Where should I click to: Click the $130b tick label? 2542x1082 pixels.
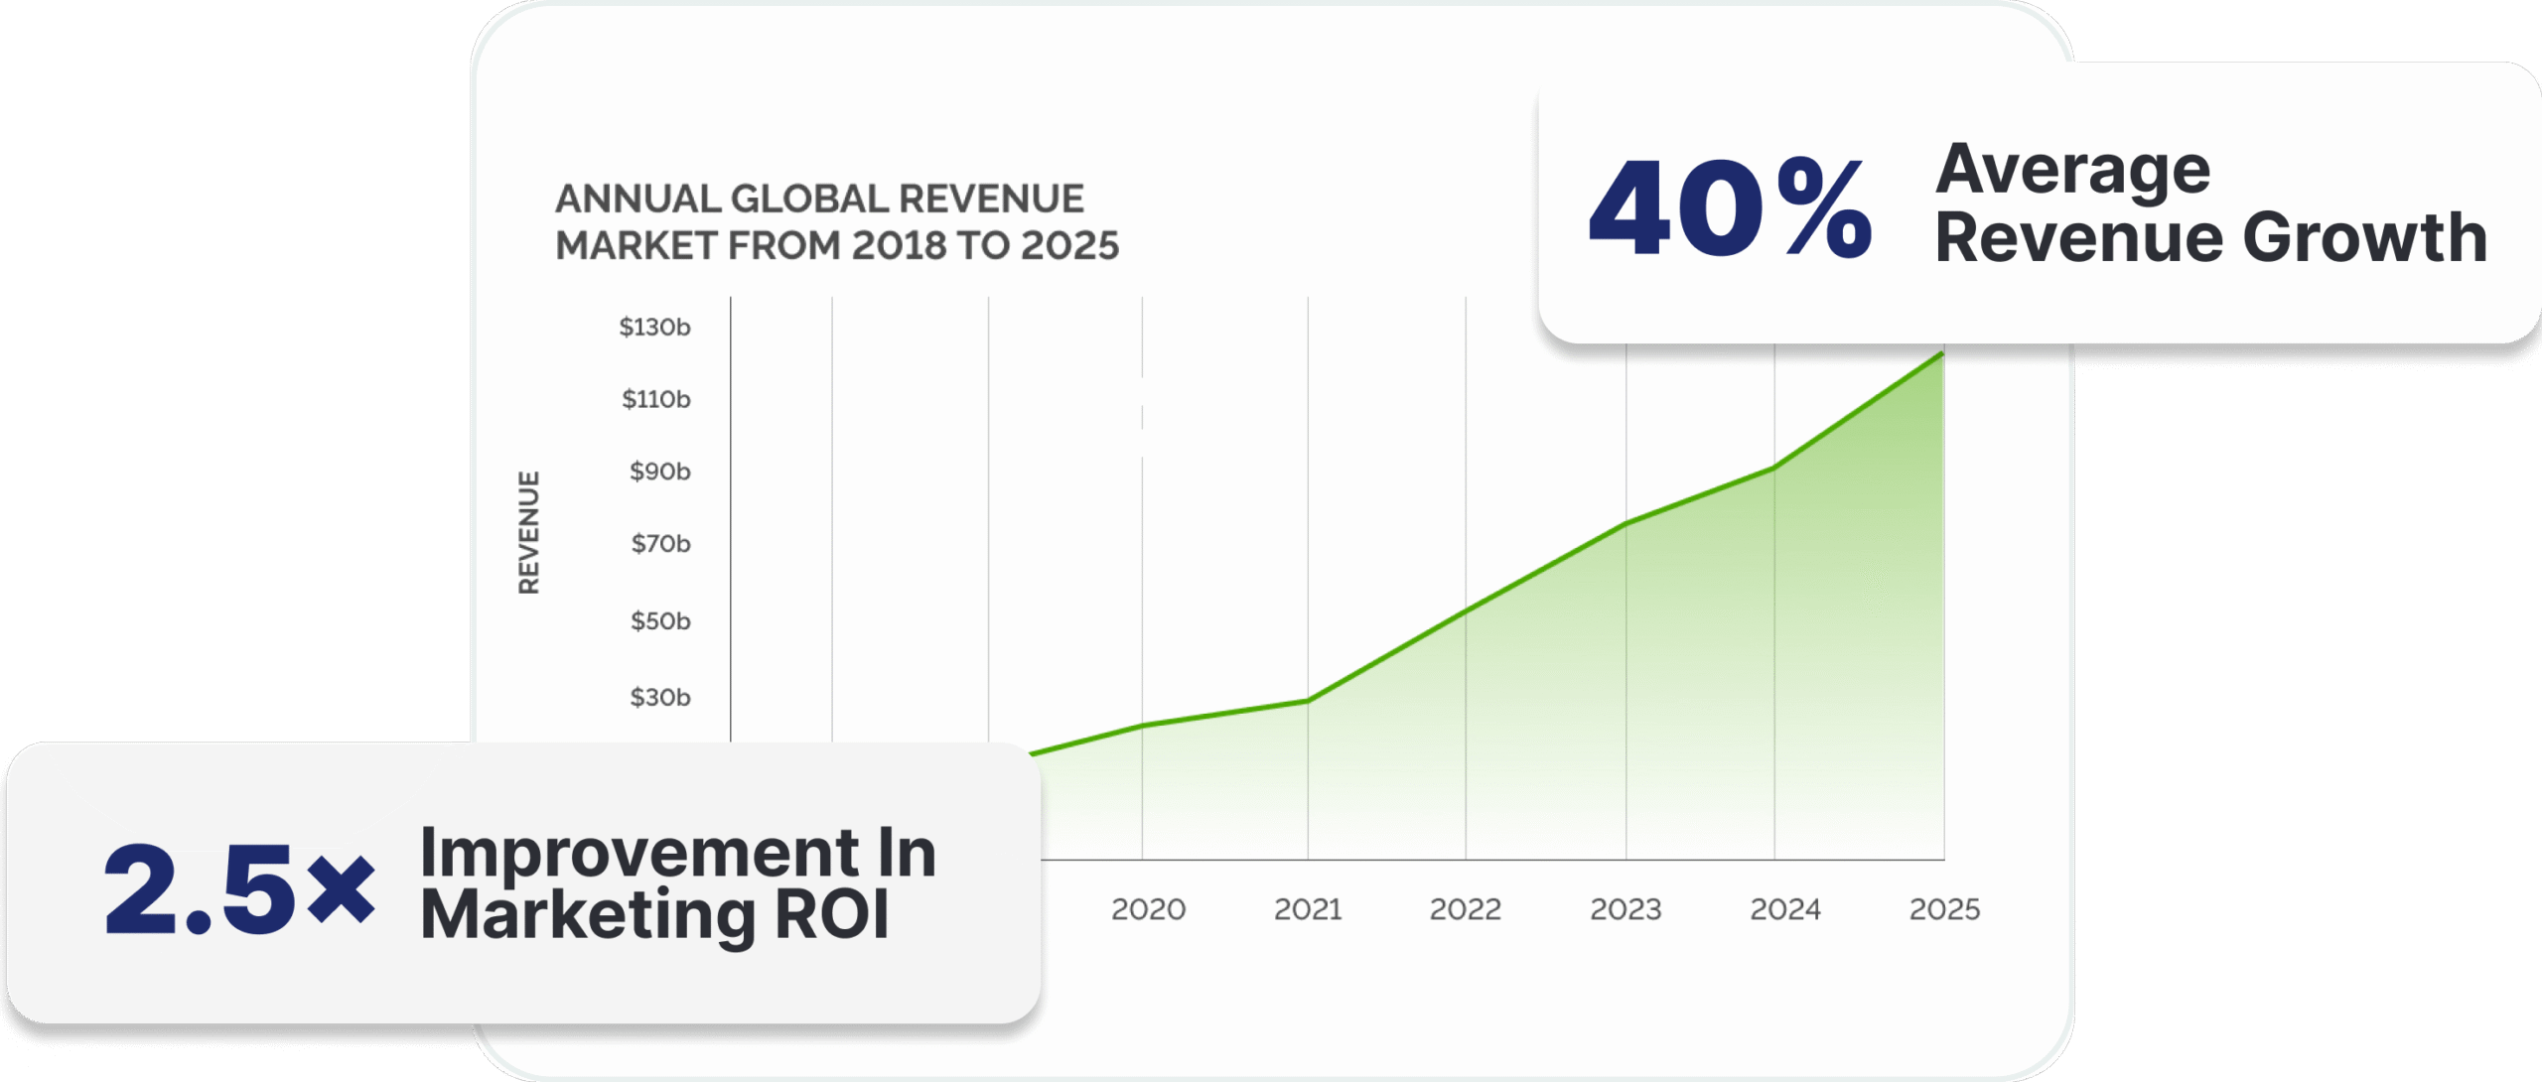[654, 327]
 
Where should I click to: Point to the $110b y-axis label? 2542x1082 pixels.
[655, 399]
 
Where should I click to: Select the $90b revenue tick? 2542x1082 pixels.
[659, 472]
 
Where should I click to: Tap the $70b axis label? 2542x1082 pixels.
[660, 544]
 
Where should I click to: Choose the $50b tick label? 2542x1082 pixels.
[660, 621]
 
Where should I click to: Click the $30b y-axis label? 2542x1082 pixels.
[660, 698]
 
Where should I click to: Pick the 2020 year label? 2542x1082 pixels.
[1148, 909]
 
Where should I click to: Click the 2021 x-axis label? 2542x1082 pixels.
[1308, 909]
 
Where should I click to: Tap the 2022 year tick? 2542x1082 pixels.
[1465, 909]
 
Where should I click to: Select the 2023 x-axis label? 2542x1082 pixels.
[1625, 909]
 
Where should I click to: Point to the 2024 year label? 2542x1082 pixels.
[1784, 909]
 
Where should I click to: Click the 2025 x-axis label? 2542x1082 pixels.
[1944, 909]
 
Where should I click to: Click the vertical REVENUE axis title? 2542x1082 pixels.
[529, 533]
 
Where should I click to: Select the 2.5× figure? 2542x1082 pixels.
[239, 887]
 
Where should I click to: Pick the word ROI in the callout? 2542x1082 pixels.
[831, 914]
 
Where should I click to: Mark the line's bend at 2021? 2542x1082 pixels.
[1308, 701]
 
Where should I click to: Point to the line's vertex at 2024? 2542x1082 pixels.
[1774, 468]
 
